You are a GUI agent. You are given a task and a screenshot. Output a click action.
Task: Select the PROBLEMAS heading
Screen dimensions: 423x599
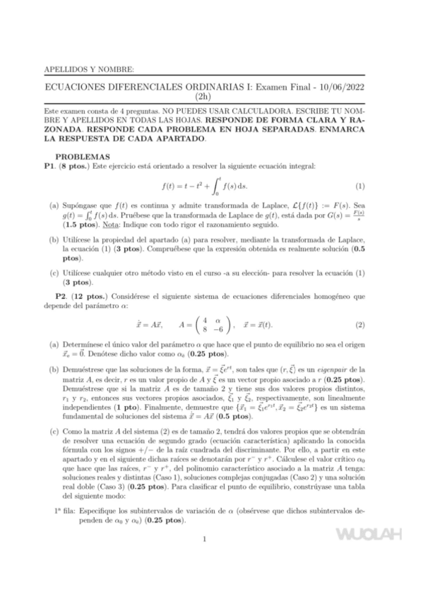(82, 155)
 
